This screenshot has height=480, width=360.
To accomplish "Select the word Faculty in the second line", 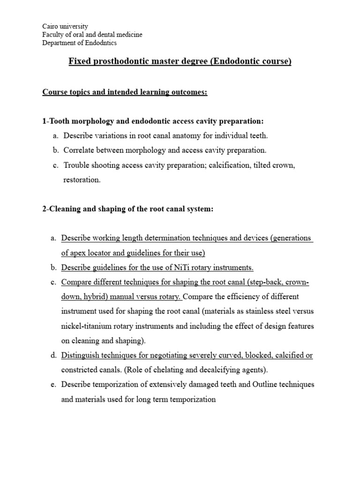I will click(54, 35).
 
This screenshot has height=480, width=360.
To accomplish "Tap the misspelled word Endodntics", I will click(101, 43).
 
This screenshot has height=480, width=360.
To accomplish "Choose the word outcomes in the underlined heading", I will click(187, 92).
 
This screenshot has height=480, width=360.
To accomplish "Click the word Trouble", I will click(75, 165).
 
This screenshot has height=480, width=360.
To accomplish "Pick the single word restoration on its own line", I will click(82, 180).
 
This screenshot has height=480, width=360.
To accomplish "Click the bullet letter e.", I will click(53, 385).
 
